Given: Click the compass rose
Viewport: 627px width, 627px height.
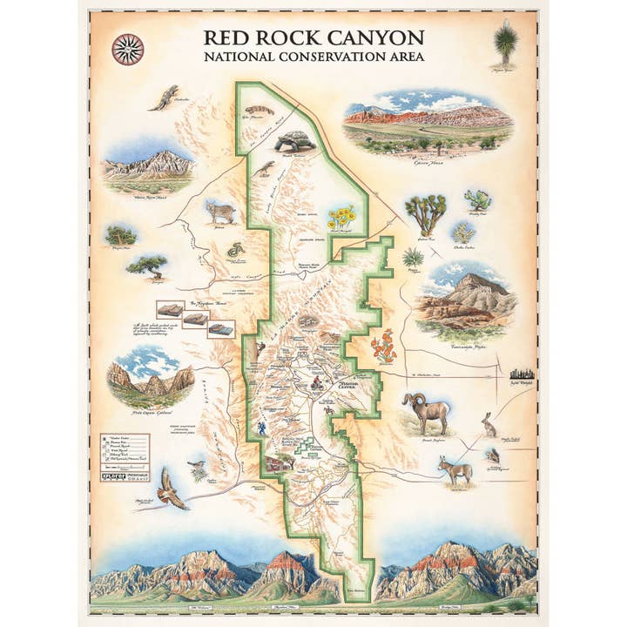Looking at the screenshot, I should click(x=127, y=49).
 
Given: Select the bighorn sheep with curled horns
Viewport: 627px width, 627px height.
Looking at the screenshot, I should click(x=427, y=411).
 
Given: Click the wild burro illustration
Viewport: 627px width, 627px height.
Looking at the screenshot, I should click(x=455, y=470).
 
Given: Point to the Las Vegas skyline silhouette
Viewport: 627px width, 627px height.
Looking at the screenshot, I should click(x=521, y=372).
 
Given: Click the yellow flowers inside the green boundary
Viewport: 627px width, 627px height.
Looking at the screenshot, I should click(x=341, y=218).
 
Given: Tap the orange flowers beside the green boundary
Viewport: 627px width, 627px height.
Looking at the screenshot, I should click(x=384, y=346).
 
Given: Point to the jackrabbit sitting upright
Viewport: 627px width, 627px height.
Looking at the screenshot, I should click(x=489, y=424).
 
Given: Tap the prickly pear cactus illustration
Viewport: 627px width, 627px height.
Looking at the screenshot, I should click(x=478, y=200).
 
